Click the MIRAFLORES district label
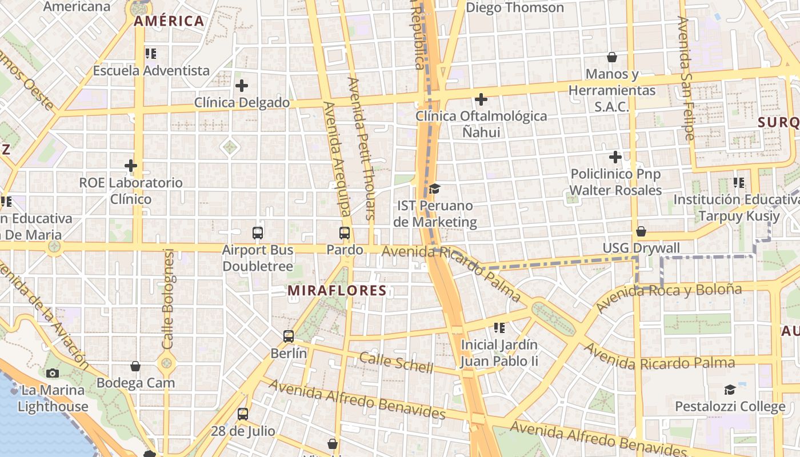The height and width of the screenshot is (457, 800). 337,291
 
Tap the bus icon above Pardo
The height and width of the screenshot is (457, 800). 345,233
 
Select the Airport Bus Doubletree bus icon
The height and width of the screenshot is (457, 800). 258,233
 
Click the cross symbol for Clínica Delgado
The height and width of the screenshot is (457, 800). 242,86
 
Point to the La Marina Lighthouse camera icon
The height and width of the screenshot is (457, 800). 53,373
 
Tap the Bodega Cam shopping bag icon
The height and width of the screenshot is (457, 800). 135,366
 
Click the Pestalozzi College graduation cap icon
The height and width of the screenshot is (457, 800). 730,390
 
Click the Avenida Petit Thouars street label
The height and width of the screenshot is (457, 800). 362,149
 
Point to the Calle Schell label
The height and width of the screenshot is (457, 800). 396,363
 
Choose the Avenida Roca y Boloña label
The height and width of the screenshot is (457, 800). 669,295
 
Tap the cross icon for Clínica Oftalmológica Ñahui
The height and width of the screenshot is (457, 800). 481,99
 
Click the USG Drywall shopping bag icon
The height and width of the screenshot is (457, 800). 641,231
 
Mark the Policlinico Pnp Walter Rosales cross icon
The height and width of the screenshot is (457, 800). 615,157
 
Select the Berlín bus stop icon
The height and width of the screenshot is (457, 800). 289,336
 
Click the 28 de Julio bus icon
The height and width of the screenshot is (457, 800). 243,414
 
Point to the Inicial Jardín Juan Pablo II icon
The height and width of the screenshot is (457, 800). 499,328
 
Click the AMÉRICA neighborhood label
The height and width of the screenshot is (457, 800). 169,22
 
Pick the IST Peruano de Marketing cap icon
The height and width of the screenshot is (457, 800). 435,189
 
